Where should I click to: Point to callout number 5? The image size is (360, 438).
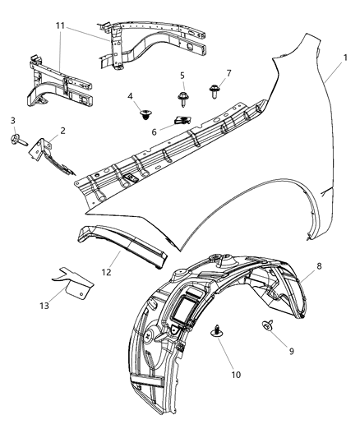tap(182, 76)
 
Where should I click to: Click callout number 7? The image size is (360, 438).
tap(228, 73)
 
